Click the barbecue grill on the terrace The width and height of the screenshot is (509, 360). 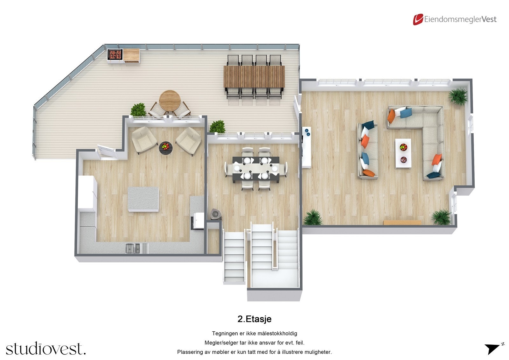pyautogui.click(x=115, y=54)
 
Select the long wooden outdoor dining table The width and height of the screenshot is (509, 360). pyautogui.click(x=254, y=76)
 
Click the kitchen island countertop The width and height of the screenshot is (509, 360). pyautogui.click(x=143, y=199)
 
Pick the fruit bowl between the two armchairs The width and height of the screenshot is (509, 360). pyautogui.click(x=165, y=147)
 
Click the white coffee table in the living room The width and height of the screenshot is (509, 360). pyautogui.click(x=403, y=153)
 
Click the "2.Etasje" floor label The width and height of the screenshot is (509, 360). pyautogui.click(x=254, y=319)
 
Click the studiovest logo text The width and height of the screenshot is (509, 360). pyautogui.click(x=46, y=349)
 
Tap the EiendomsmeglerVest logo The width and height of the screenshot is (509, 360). pyautogui.click(x=455, y=19)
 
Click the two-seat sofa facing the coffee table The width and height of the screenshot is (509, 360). pyautogui.click(x=368, y=151)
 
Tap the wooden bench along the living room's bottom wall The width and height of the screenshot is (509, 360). pyautogui.click(x=402, y=222)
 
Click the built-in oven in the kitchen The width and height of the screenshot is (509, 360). pyautogui.click(x=198, y=221)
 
